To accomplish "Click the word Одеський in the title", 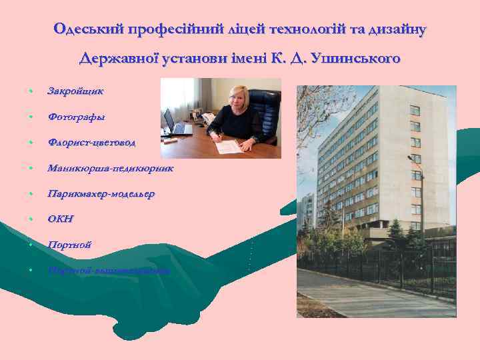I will pyautogui.click(x=81, y=30).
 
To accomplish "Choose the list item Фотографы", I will pyautogui.click(x=76, y=117).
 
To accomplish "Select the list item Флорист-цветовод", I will pyautogui.click(x=91, y=142).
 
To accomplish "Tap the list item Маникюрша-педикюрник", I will pyautogui.click(x=110, y=168).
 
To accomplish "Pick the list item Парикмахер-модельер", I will pyautogui.click(x=101, y=194).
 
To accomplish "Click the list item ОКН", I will pyautogui.click(x=61, y=219).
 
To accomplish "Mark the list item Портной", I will pyautogui.click(x=69, y=245).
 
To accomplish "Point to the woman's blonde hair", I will pyautogui.click(x=237, y=93).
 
